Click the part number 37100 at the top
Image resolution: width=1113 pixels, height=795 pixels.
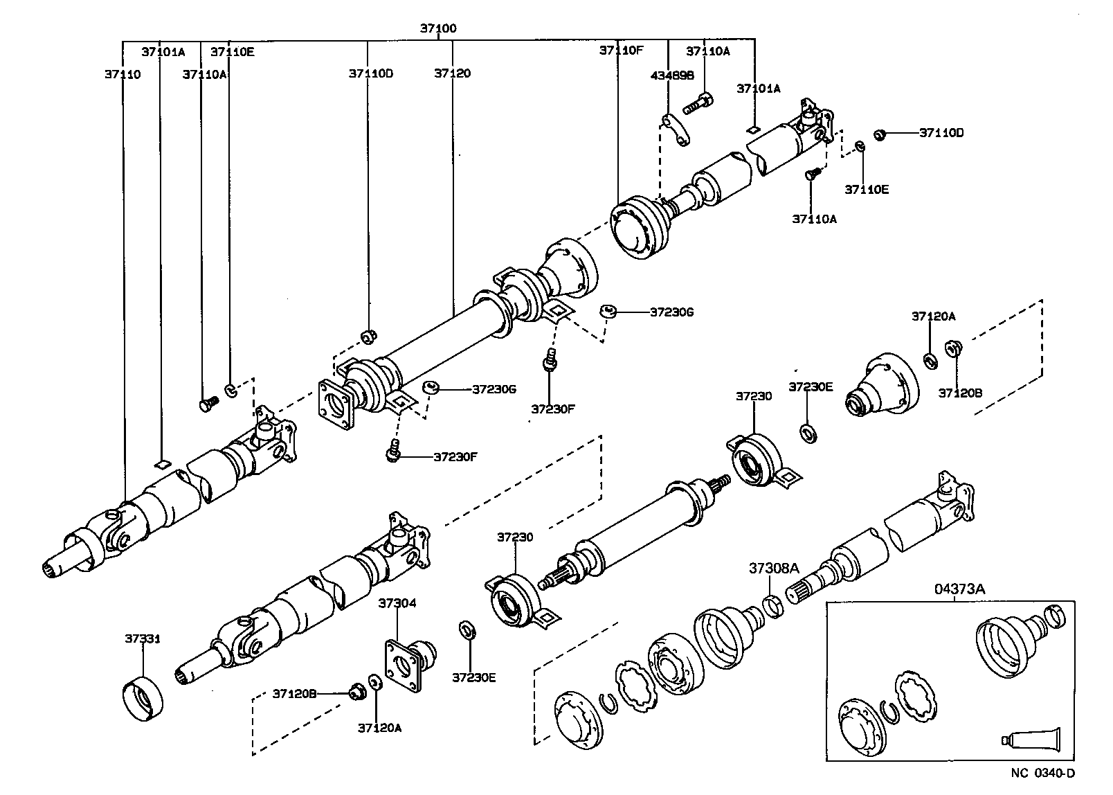coord(438,29)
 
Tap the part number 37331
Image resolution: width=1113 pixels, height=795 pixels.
coord(143,638)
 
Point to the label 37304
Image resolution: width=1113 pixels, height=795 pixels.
coord(397,603)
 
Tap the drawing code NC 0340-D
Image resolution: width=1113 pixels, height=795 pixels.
coord(1043,774)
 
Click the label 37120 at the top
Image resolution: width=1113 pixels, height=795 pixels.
coord(453,73)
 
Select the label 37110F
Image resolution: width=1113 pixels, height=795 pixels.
coord(622,50)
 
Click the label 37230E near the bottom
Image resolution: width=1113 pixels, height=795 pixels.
coord(474,677)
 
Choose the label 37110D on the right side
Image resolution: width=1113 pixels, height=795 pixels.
coord(941,132)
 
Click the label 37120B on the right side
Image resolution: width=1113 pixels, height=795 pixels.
coord(961,392)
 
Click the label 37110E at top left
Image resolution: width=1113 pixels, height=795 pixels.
coord(233,51)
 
